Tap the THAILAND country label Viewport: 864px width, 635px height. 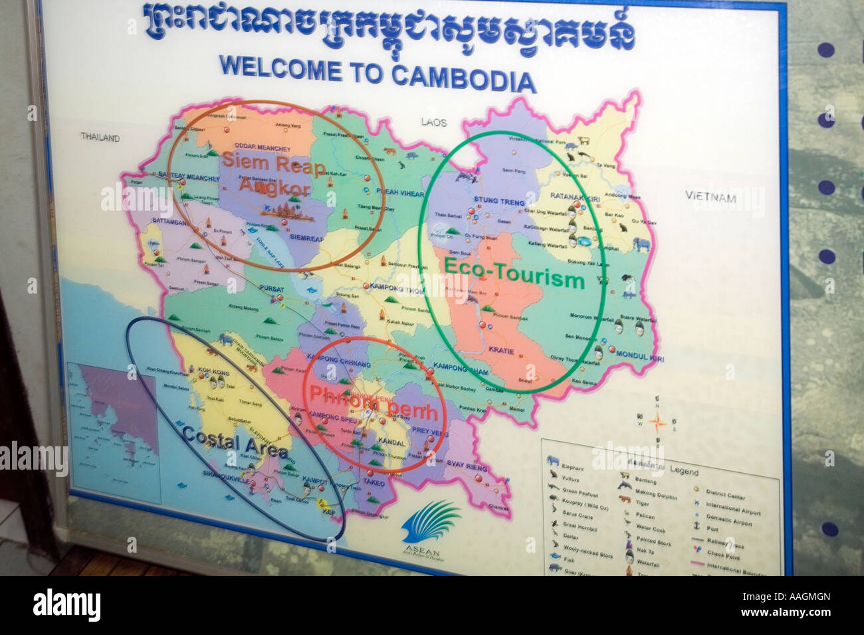pyautogui.click(x=100, y=137)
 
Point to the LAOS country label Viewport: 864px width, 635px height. pyautogui.click(x=434, y=122)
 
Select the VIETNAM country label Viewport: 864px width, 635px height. pyautogui.click(x=711, y=197)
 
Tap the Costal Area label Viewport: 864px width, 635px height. pyautogui.click(x=235, y=443)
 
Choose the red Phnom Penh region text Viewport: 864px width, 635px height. pyautogui.click(x=374, y=403)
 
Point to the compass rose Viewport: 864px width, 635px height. pyautogui.click(x=658, y=422)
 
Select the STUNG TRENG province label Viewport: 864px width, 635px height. pyautogui.click(x=499, y=201)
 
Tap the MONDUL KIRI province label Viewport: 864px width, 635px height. pyautogui.click(x=640, y=356)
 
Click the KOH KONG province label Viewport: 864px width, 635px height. pyautogui.click(x=213, y=373)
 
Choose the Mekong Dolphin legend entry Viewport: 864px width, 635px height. pyautogui.click(x=655, y=496)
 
